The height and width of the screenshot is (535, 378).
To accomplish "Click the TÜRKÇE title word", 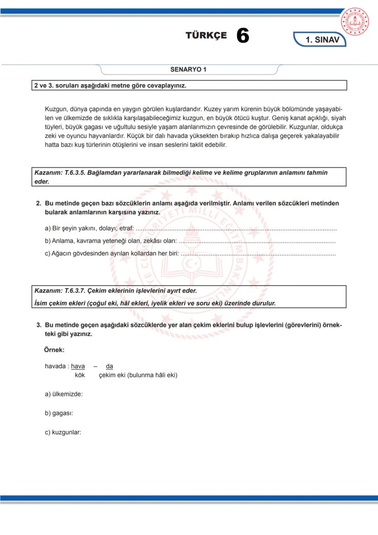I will click(206, 36).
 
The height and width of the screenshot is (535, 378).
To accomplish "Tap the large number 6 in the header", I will click(243, 36).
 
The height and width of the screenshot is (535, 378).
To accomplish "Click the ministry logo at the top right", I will click(357, 21).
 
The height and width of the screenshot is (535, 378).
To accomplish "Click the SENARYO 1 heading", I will click(188, 70).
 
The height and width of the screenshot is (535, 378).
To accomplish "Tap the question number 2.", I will click(39, 203).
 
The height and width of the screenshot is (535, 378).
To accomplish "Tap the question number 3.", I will click(39, 325).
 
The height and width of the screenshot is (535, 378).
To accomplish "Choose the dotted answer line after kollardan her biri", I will click(258, 254).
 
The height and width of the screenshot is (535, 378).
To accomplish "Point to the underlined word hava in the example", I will click(78, 366).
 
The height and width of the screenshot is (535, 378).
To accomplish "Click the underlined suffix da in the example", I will click(110, 366).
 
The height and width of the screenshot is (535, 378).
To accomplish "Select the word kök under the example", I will click(80, 375).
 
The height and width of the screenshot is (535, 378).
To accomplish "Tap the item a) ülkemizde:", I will click(63, 394).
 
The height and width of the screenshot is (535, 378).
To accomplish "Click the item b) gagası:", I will click(59, 413).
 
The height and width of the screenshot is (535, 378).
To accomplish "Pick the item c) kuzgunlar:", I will click(63, 433).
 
